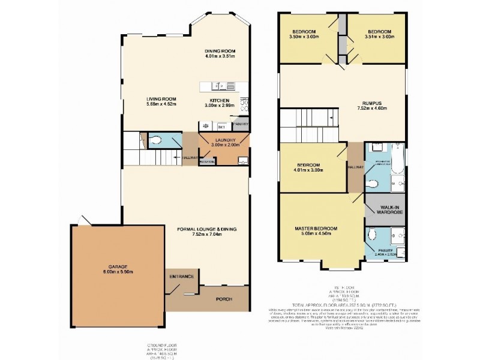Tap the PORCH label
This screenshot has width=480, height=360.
(225, 298)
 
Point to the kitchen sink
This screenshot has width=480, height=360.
(217, 86)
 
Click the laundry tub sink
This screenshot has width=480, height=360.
(242, 160)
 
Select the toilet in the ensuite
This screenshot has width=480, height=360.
(373, 235)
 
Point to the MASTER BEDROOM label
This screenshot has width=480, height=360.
(316, 229)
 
